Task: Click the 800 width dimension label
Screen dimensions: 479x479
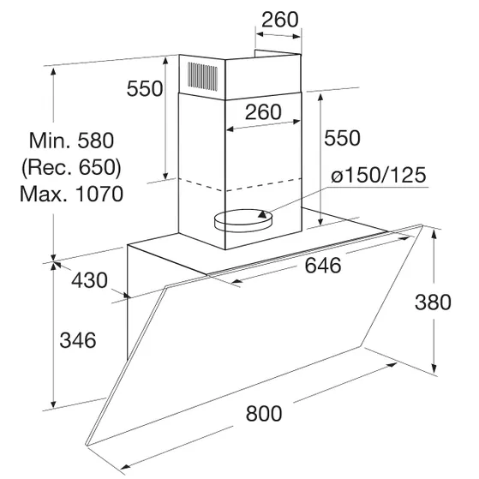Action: (x=264, y=413)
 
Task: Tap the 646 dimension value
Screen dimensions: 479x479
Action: (x=323, y=265)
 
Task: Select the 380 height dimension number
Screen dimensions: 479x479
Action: (x=433, y=302)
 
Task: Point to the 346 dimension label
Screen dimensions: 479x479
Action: (x=78, y=340)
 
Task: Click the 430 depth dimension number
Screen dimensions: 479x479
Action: (x=89, y=280)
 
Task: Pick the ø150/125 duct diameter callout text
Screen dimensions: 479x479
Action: (x=379, y=175)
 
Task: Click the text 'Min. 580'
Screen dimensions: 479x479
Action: (x=71, y=141)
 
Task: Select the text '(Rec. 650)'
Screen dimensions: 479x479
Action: (x=71, y=167)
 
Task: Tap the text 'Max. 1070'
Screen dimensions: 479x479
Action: (x=71, y=194)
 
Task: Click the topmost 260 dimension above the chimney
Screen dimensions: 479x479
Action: (x=280, y=20)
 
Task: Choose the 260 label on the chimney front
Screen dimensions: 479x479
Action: (x=263, y=111)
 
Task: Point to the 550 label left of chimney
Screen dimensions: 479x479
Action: (x=145, y=88)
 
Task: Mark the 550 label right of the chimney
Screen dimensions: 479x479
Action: (x=342, y=138)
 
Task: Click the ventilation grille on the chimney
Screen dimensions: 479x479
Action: (x=203, y=76)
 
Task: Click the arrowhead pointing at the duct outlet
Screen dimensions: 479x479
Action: (x=263, y=213)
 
